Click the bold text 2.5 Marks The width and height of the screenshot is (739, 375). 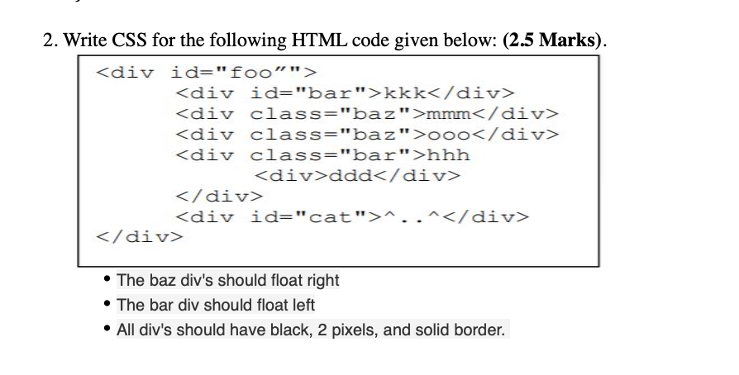pyautogui.click(x=551, y=40)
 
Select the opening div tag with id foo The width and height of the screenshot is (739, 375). pyautogui.click(x=206, y=73)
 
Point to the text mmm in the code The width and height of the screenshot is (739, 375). pyautogui.click(x=448, y=114)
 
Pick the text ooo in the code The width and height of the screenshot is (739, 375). pyautogui.click(x=448, y=135)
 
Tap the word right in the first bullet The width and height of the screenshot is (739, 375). pyautogui.click(x=323, y=280)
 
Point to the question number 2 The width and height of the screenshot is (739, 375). pyautogui.click(x=49, y=40)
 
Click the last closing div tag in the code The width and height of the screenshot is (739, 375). pyautogui.click(x=139, y=236)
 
